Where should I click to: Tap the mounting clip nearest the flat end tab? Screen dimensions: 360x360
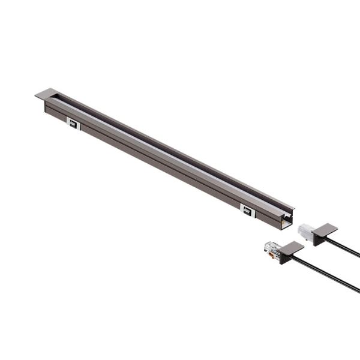[x=73, y=124]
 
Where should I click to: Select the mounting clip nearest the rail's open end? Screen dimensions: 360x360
[x=247, y=210]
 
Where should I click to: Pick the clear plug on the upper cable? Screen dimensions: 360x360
[x=305, y=230]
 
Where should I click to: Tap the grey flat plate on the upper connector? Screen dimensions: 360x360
[x=325, y=229]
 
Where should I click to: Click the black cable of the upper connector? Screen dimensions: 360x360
[x=345, y=247]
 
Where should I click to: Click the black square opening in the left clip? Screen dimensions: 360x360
[x=73, y=125]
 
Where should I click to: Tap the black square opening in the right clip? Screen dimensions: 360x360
[x=247, y=211]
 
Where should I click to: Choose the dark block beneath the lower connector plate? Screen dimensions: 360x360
[x=285, y=257]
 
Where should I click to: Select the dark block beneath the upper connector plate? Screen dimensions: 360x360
[x=317, y=239]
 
